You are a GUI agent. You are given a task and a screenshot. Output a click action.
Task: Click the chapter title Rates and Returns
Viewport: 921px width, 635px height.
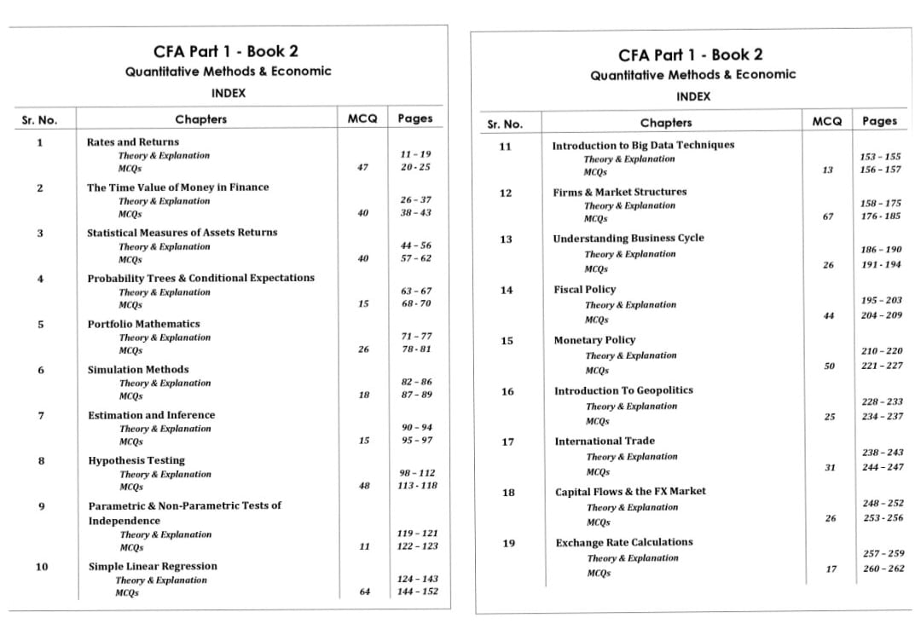tap(133, 141)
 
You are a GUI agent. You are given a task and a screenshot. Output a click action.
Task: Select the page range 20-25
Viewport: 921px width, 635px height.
tap(415, 167)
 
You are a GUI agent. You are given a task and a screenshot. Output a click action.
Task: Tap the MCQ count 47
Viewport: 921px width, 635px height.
tap(363, 167)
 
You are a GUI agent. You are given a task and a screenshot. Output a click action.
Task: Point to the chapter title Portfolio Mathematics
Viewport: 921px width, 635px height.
tap(143, 324)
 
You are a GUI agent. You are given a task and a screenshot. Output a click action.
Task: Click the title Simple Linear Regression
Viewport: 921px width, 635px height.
tap(153, 566)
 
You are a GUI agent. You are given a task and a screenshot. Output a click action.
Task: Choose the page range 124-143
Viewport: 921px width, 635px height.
tap(418, 579)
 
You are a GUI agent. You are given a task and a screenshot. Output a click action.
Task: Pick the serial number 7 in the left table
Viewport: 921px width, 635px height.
tap(41, 415)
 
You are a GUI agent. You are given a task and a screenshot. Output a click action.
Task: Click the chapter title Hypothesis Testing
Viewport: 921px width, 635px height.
tap(136, 460)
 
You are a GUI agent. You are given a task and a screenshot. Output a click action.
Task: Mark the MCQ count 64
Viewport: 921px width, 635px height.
tap(364, 592)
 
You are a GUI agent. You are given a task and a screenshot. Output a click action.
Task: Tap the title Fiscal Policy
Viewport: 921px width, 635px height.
tap(584, 290)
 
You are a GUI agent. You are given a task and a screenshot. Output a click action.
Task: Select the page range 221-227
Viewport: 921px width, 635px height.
tap(882, 366)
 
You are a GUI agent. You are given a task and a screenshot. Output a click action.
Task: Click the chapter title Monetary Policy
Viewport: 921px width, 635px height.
tap(594, 340)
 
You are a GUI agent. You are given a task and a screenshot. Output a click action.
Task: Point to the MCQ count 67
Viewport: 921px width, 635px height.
tap(828, 216)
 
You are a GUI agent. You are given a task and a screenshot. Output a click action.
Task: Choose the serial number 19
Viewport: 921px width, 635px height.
tap(507, 542)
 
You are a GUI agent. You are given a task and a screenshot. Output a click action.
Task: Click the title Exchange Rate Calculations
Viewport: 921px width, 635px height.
tap(623, 542)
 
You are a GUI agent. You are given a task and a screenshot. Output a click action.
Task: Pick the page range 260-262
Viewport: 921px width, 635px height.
tap(883, 569)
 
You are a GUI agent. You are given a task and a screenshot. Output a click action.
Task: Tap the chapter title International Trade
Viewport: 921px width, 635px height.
tap(605, 441)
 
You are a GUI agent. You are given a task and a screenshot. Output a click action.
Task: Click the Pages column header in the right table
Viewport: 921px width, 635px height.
tap(879, 121)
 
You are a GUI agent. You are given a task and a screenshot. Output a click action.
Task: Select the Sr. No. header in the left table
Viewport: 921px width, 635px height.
tap(39, 118)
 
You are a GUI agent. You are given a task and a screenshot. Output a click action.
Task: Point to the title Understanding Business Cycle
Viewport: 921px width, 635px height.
tap(628, 238)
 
